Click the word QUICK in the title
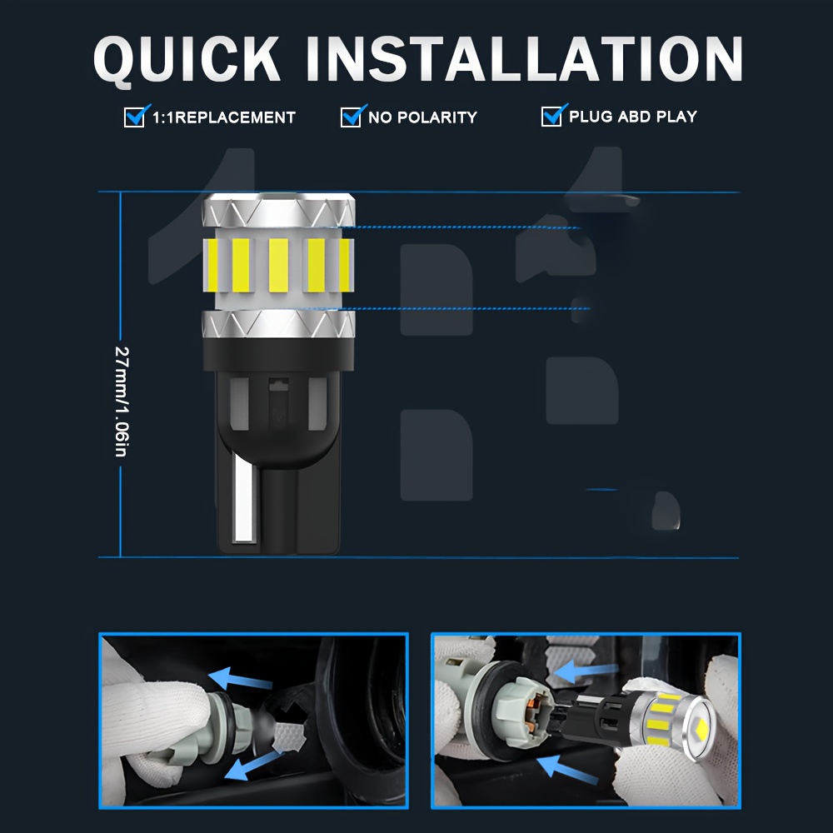coord(187,60)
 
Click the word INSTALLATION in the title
coord(524,58)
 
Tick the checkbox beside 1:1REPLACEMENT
coord(134,117)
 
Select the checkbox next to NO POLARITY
coord(351,117)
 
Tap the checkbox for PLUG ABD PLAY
coord(551,116)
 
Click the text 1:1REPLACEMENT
coord(223,117)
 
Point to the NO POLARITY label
coord(423,117)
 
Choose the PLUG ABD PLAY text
coord(633,117)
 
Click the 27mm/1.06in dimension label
coord(122,402)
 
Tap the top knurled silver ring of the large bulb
coord(278,211)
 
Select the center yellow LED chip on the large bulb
coord(278,265)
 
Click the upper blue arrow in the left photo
coord(240,678)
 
